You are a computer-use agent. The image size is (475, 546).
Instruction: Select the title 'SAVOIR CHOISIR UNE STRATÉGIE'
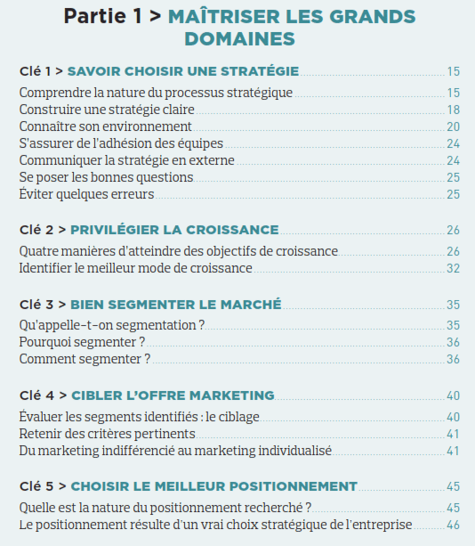click(x=183, y=71)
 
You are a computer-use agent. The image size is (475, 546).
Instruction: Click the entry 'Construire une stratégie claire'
click(x=107, y=109)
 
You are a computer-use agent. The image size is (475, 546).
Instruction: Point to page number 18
click(x=453, y=109)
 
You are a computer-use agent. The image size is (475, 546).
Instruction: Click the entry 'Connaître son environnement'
click(x=105, y=126)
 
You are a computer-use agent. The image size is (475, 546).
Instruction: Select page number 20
click(x=453, y=126)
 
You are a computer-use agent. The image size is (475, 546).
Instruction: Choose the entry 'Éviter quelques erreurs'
click(x=86, y=193)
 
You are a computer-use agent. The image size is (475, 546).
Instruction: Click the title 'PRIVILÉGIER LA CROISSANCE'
click(x=173, y=230)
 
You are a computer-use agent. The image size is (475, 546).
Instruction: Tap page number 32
click(x=453, y=267)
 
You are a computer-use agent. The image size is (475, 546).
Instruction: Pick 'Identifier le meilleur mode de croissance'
click(x=135, y=267)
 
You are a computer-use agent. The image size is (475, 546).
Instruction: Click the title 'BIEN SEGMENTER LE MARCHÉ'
click(x=175, y=305)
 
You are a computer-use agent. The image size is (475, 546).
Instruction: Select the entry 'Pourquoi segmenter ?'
click(x=81, y=342)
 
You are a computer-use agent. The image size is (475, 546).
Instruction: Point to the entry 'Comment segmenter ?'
click(x=85, y=359)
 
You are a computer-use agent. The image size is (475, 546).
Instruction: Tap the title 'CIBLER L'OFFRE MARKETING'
click(x=172, y=395)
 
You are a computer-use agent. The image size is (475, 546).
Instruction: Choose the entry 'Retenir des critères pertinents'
click(x=107, y=434)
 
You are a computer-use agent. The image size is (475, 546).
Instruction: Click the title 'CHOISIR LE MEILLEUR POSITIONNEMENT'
click(x=213, y=486)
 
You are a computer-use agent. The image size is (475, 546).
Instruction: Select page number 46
click(x=453, y=525)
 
